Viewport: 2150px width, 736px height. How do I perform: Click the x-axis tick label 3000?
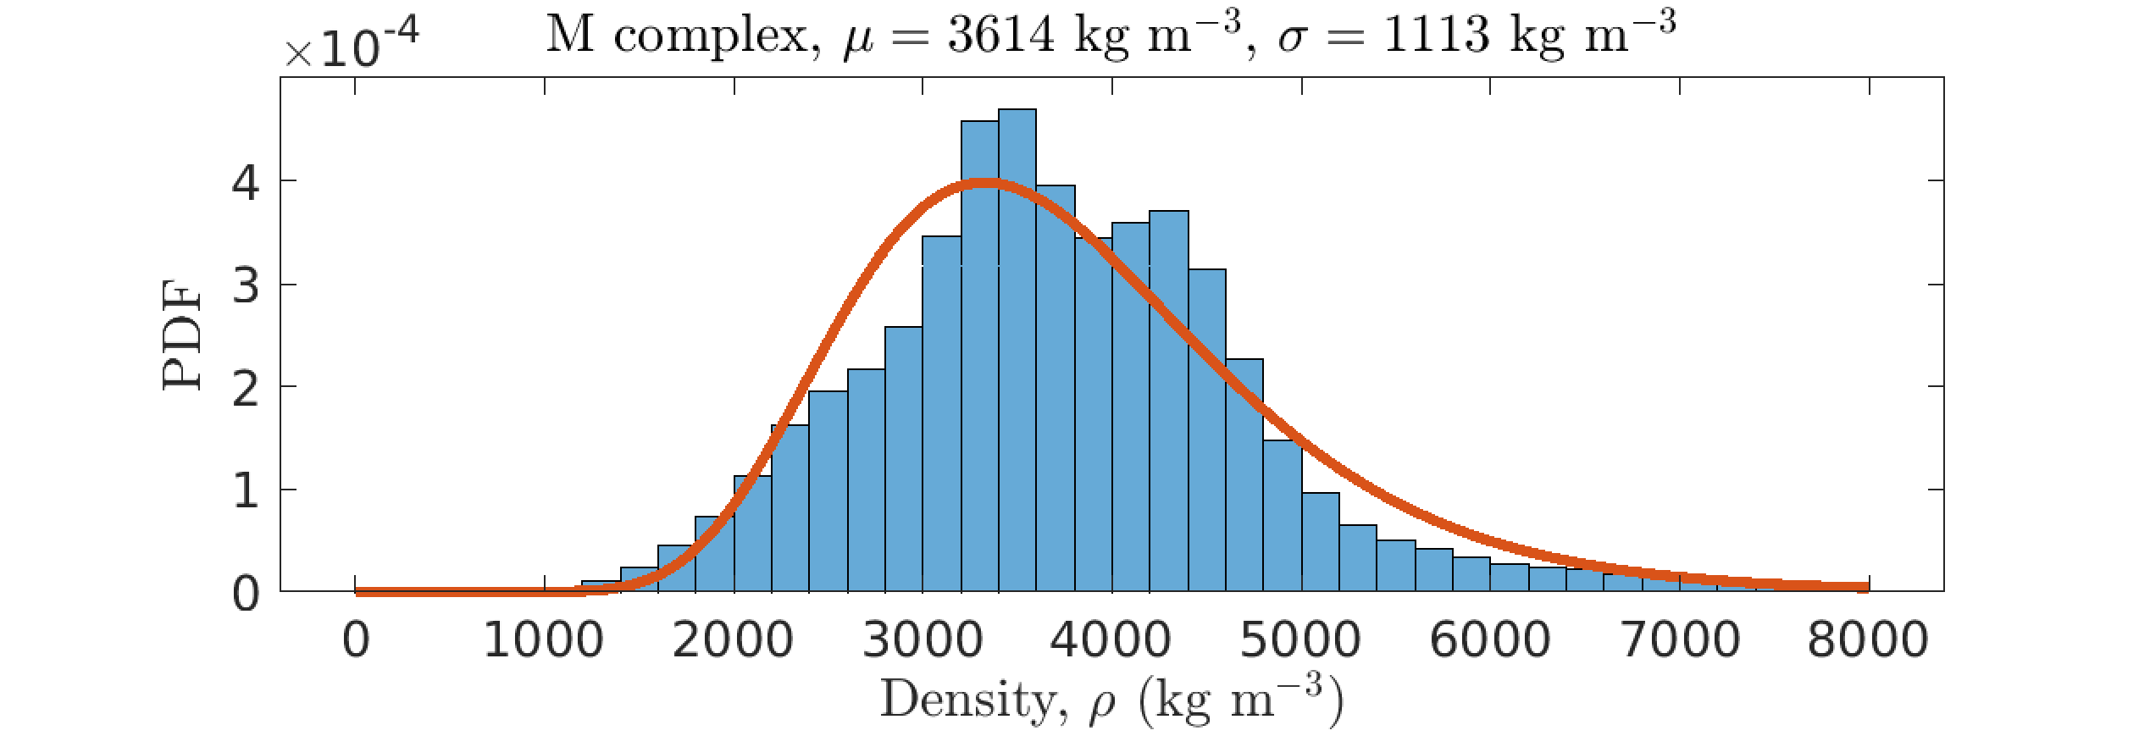tap(923, 640)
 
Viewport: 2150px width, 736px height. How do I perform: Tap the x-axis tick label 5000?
tap(1300, 640)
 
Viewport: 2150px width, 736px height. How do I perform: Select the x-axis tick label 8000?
tap(1868, 640)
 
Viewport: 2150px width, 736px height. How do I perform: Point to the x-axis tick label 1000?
tap(544, 640)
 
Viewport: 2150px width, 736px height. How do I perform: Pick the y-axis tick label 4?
tap(246, 182)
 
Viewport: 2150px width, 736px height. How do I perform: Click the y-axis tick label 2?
tap(246, 389)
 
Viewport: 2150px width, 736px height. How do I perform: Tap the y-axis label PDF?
tap(183, 335)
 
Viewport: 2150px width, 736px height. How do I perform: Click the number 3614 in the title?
tap(1000, 36)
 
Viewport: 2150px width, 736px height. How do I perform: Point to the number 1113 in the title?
tap(1437, 36)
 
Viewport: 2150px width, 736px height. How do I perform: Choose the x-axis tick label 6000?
tap(1490, 640)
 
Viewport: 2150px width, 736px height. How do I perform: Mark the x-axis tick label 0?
tap(356, 640)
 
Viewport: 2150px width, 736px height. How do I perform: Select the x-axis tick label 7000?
tap(1680, 640)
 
